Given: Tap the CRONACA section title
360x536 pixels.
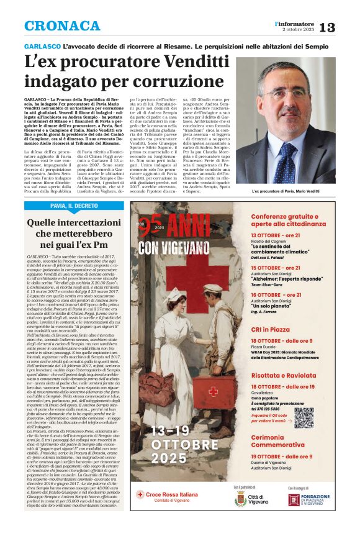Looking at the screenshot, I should (x=61, y=26).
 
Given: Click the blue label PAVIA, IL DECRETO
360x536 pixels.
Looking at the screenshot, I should (x=74, y=206).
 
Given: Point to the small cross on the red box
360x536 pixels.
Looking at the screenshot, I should (x=214, y=391).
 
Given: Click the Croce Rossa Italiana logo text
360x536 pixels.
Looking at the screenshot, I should (x=168, y=496).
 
